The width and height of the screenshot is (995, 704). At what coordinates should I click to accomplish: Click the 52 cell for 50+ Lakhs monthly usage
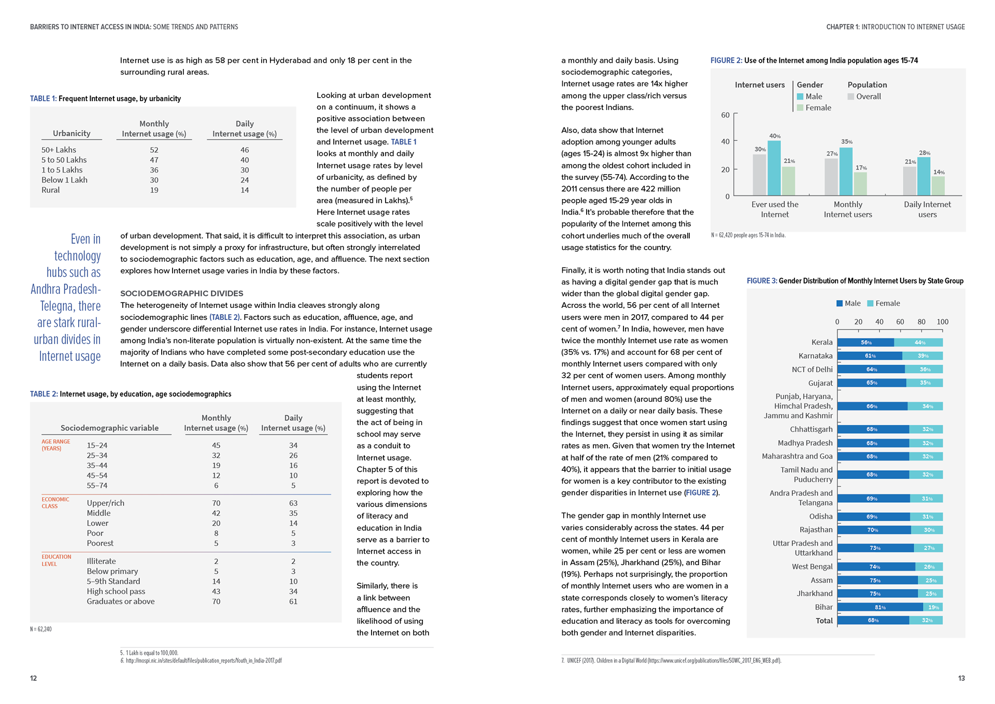pos(154,150)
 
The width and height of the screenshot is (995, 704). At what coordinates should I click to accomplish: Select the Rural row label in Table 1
pos(51,190)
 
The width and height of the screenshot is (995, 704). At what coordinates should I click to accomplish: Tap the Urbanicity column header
pos(72,133)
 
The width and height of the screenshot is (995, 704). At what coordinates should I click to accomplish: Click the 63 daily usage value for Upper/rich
pos(293,503)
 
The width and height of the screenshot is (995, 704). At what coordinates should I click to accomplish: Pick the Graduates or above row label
pos(121,601)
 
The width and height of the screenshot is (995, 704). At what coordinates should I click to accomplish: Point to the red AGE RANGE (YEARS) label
pos(55,445)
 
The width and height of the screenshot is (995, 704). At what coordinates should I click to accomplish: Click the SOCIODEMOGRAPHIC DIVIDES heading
pos(181,293)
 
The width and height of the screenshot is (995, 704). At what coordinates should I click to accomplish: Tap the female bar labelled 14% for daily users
pos(938,186)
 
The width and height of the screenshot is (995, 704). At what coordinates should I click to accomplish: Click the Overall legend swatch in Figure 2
pos(851,96)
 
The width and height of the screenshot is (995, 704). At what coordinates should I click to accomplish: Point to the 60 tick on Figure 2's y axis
pos(726,115)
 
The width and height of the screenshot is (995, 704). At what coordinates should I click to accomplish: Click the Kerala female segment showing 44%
pos(918,343)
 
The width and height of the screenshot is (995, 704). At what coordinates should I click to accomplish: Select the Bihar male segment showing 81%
pos(880,607)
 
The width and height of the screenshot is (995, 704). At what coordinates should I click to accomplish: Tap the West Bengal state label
pos(812,567)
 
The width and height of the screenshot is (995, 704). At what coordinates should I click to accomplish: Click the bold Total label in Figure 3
pos(824,621)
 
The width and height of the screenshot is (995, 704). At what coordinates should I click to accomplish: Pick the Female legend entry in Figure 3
pos(884,303)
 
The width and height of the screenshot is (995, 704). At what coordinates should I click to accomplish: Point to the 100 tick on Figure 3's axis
pos(943,322)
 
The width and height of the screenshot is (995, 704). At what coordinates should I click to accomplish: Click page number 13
pos(961,678)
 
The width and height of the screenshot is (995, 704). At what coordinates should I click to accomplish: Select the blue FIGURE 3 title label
pos(762,281)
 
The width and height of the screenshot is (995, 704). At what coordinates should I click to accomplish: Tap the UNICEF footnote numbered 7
pos(671,660)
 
